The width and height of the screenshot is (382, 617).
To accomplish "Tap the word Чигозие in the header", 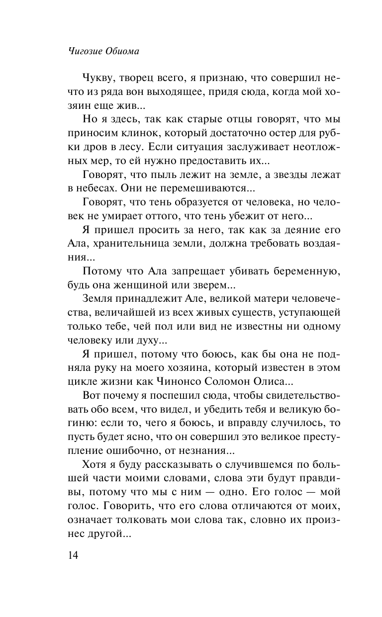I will (85, 51).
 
